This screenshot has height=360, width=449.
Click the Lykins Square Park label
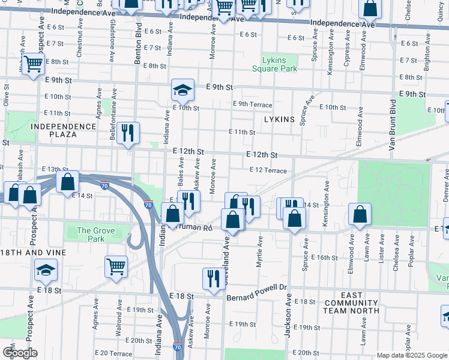pyautogui.click(x=279, y=64)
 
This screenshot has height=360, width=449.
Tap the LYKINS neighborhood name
pyautogui.click(x=280, y=119)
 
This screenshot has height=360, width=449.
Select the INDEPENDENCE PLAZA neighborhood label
pyautogui.click(x=64, y=130)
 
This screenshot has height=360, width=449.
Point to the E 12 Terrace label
pyautogui.click(x=268, y=170)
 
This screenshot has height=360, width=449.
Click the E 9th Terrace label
pyautogui.click(x=253, y=104)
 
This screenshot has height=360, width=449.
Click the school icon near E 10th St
pyautogui.click(x=182, y=91)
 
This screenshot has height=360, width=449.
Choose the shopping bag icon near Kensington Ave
pyautogui.click(x=359, y=214)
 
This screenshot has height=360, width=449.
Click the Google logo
pyautogui.click(x=19, y=352)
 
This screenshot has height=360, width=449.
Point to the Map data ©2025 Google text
pyautogui.click(x=411, y=355)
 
